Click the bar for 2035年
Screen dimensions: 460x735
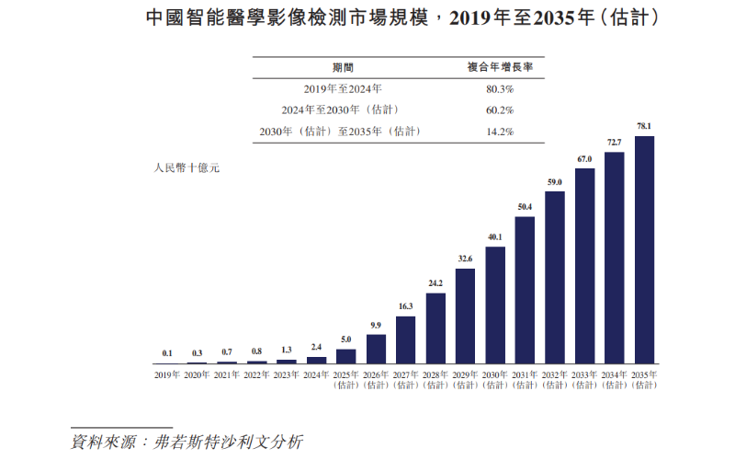point(645,249)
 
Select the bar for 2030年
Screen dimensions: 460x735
point(495,305)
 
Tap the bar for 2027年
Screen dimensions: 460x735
point(405,339)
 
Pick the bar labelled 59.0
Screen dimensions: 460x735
point(555,277)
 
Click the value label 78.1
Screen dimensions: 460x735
point(645,126)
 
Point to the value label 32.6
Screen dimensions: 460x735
point(465,259)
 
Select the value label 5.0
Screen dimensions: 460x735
point(345,339)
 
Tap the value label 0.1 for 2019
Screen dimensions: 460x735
point(166,353)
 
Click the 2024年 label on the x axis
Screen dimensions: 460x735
point(316,374)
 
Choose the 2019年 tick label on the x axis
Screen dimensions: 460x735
point(166,374)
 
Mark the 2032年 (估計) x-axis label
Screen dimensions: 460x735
point(555,379)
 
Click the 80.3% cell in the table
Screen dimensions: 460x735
point(499,89)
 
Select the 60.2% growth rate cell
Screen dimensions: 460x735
point(499,110)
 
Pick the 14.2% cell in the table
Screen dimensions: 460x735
point(499,132)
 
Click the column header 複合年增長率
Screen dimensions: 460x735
point(499,67)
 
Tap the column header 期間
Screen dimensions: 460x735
point(343,67)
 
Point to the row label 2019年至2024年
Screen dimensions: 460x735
point(343,89)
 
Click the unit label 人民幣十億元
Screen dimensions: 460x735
point(187,168)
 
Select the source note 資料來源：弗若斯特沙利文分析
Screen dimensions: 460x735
point(187,442)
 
